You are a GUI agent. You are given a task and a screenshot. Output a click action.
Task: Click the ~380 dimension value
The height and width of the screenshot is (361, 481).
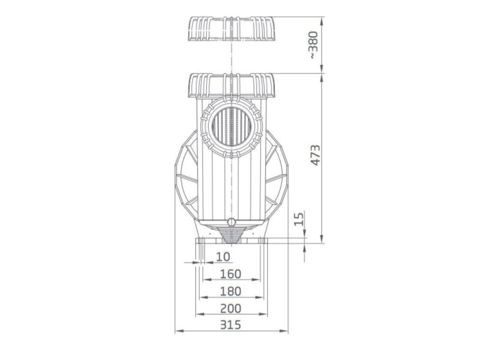point(314,45)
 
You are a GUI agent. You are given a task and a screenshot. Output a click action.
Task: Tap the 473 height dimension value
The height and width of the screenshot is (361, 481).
point(316,155)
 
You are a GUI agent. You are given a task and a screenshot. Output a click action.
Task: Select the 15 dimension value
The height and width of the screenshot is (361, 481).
point(299,218)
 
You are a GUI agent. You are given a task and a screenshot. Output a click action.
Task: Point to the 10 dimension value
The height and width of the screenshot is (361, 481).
point(223,256)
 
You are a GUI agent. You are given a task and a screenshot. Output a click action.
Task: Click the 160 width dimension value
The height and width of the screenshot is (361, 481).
point(231,274)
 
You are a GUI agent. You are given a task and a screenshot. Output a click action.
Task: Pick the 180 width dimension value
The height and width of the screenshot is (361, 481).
point(231,291)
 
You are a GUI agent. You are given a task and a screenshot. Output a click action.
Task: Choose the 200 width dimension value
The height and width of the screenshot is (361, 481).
point(231,308)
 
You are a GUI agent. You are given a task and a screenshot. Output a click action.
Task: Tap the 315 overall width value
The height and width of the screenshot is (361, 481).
point(231,325)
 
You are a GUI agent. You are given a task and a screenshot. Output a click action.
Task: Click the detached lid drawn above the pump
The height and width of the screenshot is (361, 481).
point(230,28)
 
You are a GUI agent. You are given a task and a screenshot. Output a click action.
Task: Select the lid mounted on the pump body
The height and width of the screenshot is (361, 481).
point(230,85)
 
